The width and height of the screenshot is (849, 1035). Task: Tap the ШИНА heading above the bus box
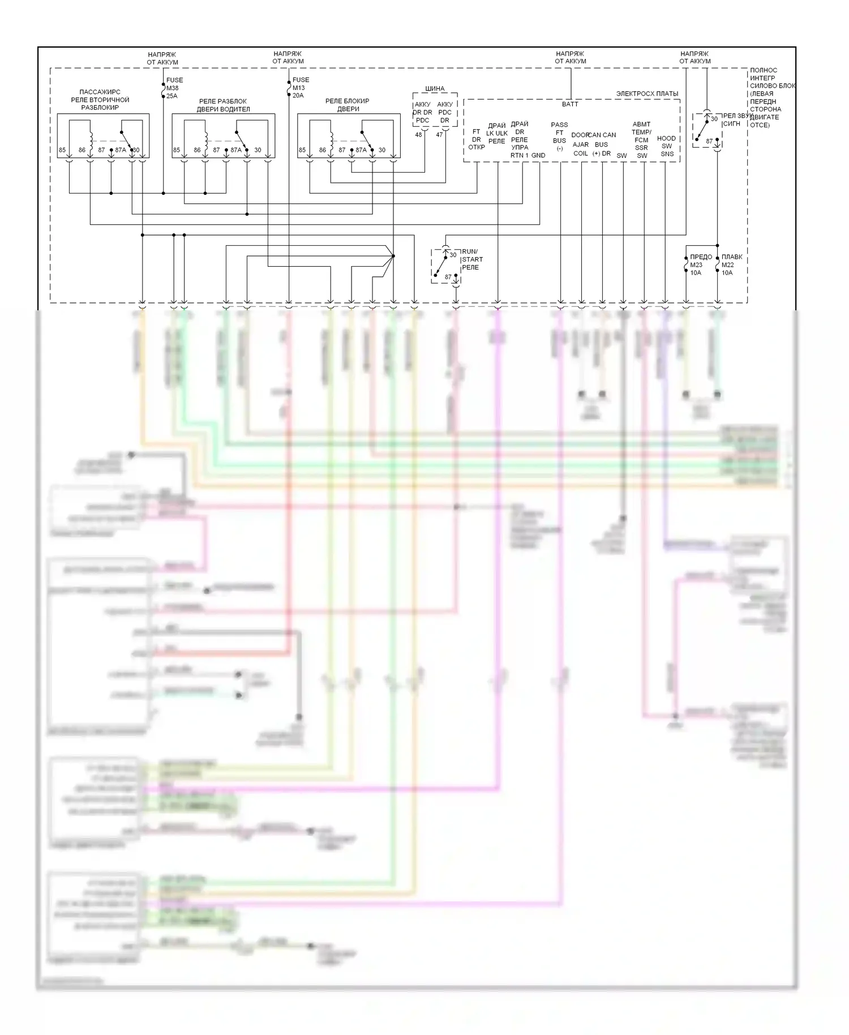tap(435, 89)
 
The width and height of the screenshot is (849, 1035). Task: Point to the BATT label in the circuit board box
tap(570, 104)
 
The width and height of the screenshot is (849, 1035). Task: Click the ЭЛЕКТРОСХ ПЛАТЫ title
tap(647, 94)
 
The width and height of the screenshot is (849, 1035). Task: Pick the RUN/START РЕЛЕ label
tap(472, 259)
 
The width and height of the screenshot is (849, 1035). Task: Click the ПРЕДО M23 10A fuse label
tap(700, 264)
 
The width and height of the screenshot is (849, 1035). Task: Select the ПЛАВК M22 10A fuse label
tap(731, 264)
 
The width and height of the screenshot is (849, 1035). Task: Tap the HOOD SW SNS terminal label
tap(667, 146)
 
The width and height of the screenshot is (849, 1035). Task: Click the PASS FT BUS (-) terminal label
tap(559, 136)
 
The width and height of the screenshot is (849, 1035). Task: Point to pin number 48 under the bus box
tap(419, 135)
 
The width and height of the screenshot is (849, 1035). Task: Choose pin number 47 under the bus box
tap(440, 135)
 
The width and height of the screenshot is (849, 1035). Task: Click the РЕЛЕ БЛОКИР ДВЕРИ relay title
tap(348, 105)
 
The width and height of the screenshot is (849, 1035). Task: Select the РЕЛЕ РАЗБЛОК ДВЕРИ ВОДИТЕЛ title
tap(223, 105)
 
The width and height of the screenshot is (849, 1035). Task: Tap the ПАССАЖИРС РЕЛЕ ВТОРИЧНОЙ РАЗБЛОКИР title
tap(100, 100)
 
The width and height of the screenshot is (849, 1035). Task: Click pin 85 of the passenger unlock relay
tap(62, 150)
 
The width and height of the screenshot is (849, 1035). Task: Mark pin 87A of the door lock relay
tap(361, 150)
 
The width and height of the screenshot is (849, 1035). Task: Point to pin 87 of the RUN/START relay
tap(448, 277)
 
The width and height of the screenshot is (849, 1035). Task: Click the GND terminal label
tap(538, 155)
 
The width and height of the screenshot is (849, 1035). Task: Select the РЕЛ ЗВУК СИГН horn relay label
tap(736, 119)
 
